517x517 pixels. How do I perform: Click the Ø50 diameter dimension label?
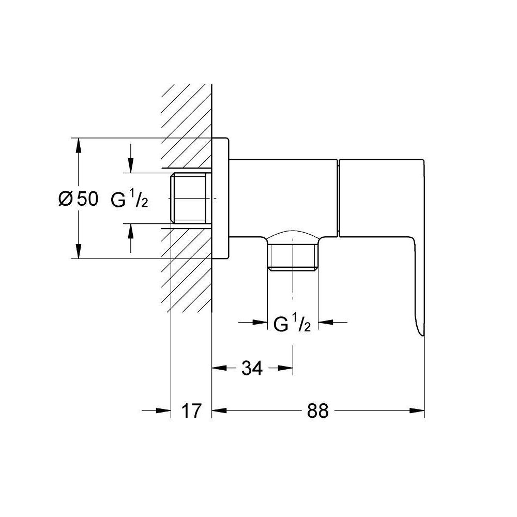point(78,199)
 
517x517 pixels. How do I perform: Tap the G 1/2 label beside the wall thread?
point(129,199)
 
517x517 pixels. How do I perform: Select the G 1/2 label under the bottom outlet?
point(292,324)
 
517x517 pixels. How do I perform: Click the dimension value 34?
point(252,368)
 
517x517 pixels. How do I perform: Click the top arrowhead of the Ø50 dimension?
point(79,145)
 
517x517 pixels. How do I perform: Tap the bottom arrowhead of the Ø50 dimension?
point(79,251)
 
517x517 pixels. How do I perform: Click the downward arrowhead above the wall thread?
point(131,165)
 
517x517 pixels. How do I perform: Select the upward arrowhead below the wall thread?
point(131,231)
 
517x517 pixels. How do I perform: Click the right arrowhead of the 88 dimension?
point(417,411)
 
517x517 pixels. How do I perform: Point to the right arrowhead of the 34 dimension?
point(285,368)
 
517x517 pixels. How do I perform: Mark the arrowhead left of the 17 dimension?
point(163,411)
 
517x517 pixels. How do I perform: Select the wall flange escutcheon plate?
point(220,198)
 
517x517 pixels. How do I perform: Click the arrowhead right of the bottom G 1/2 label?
point(325,322)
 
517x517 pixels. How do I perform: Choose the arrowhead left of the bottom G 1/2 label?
point(260,322)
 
